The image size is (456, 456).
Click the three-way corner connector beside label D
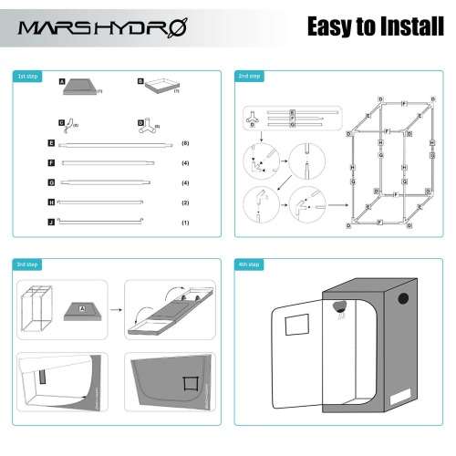point(151,126)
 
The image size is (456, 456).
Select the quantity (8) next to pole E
point(185,144)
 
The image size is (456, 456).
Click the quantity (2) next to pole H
point(185,202)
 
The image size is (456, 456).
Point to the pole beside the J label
point(101,222)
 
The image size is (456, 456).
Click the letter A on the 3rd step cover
point(80,309)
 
